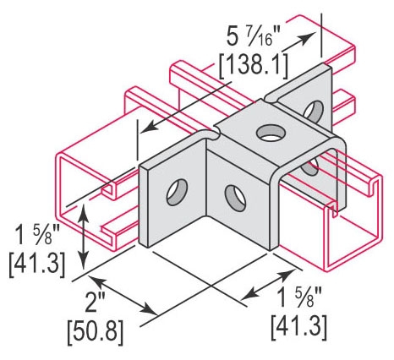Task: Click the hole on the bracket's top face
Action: pyautogui.click(x=271, y=133)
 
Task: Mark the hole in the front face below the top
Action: pyautogui.click(x=233, y=196)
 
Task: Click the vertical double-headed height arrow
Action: pyautogui.click(x=82, y=236)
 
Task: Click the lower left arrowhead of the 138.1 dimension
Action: pyautogui.click(x=145, y=130)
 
